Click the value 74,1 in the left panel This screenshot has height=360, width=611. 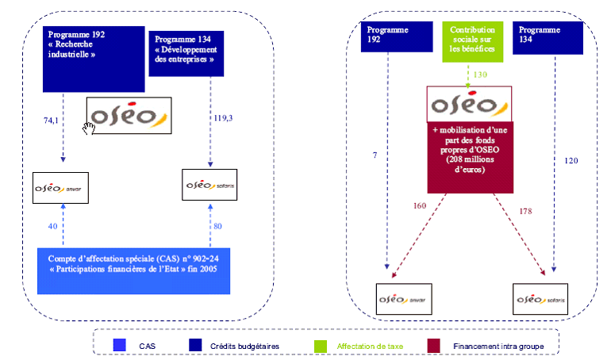[x=51, y=120]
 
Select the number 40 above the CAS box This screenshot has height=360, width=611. [x=52, y=226]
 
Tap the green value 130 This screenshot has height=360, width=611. [x=479, y=75]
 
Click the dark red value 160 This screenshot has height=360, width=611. [x=420, y=206]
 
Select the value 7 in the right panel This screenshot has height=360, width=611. [x=374, y=155]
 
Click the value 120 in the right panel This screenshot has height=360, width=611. [x=571, y=160]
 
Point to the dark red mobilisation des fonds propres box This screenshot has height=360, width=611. [x=471, y=156]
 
